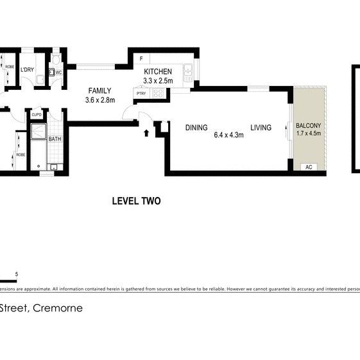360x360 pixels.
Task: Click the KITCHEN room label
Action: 158,71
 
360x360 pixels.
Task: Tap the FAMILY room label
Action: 99,90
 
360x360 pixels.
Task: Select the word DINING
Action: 196,128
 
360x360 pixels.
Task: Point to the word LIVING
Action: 261,128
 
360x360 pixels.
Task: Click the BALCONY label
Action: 309,125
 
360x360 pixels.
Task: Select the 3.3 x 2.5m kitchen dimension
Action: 158,81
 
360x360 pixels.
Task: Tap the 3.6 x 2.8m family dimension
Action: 99,100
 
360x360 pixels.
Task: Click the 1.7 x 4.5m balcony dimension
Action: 309,133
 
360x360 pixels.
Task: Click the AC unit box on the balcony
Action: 309,167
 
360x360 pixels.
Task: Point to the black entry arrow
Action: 146,133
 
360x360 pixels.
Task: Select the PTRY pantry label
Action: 141,94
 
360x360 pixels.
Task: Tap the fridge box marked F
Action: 141,58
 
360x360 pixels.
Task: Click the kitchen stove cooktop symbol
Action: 159,94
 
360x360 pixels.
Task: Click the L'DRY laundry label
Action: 27,70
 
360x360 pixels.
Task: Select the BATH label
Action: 55,139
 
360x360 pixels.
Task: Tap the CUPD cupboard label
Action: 37,115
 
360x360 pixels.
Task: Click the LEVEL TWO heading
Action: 136,201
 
